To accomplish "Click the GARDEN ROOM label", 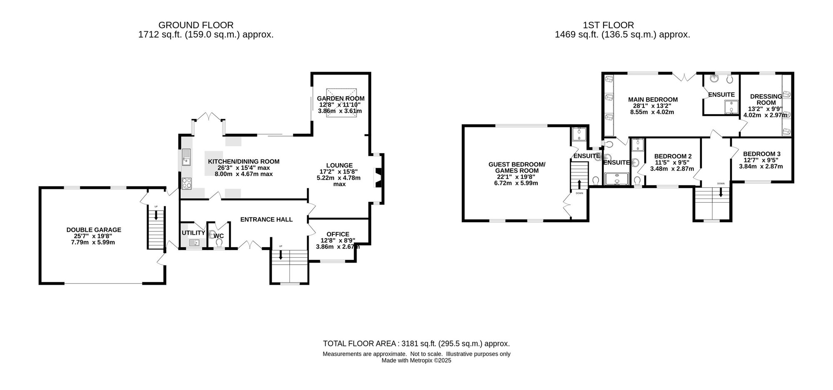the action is pos(341,99).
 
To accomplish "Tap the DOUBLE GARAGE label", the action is pos(94,230).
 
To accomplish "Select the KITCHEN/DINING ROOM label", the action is pos(244,161).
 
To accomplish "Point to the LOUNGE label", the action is pos(339,165).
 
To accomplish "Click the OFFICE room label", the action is pos(338,234).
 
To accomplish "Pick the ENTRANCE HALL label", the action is pos(267,220).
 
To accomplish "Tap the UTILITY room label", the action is pos(193,233).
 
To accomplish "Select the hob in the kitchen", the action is pos(187,183).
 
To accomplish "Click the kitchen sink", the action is pos(186,157).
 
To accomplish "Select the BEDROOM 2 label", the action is pos(673,156).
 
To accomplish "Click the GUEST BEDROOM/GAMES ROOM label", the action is pos(516,167).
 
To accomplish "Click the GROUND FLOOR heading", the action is pos(196,25).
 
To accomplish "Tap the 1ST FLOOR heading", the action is pos(622,25).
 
